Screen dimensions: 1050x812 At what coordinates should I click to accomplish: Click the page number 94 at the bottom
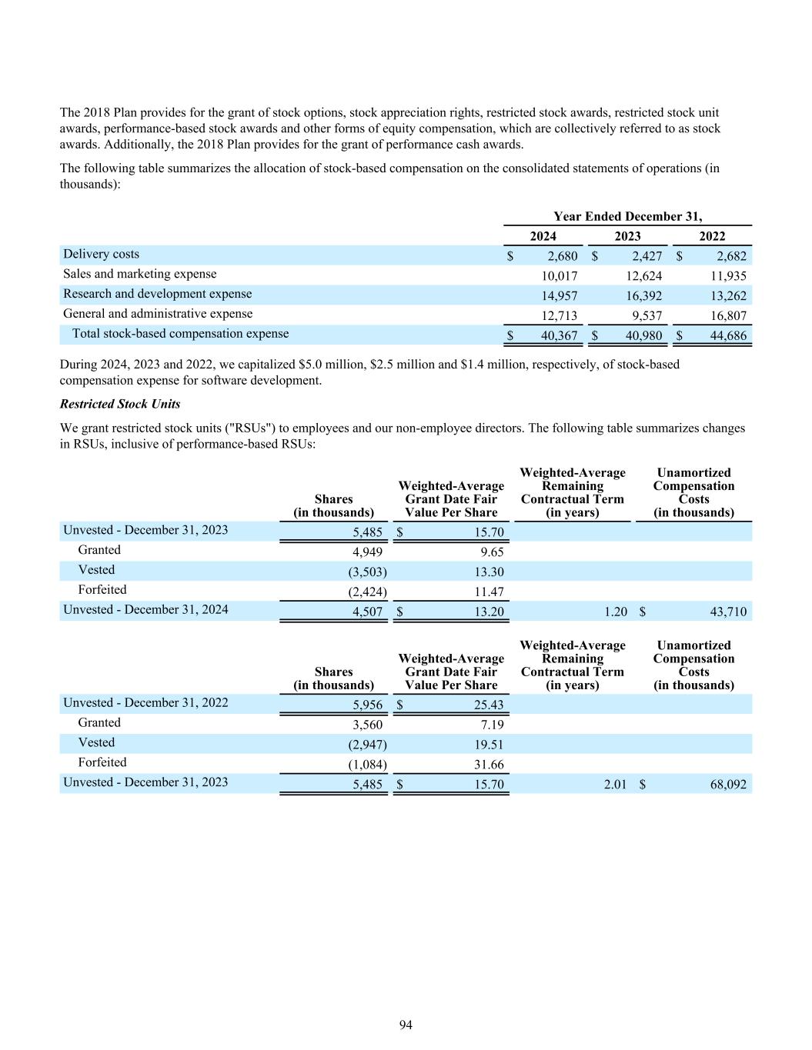pos(406,1025)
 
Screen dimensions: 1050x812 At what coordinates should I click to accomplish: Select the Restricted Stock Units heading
pos(120,404)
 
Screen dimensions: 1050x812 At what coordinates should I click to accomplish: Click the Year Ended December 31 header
pos(627,217)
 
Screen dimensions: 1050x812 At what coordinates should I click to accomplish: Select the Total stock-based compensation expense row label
pos(180,334)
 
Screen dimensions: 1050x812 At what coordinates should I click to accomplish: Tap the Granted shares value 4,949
pos(367,552)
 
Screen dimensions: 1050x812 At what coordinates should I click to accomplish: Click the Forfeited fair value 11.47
pos(489,592)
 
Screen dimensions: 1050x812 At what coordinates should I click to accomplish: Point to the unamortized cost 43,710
pos(727,612)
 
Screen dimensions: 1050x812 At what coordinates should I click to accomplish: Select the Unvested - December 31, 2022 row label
pos(145,703)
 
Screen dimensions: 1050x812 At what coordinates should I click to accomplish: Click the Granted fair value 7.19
pos(491,725)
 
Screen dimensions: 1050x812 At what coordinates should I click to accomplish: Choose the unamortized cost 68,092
pos(727,785)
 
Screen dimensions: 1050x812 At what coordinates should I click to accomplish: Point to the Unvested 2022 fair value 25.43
pos(489,705)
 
